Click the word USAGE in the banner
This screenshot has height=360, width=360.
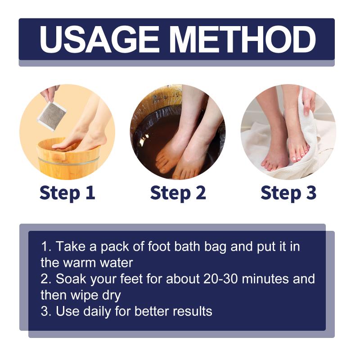pyautogui.click(x=99, y=40)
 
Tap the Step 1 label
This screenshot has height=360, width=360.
pyautogui.click(x=67, y=193)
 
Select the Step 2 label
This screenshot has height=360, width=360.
pyautogui.click(x=178, y=193)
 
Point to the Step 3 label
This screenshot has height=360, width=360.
pyautogui.click(x=288, y=193)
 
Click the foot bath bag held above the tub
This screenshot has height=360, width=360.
pyautogui.click(x=52, y=116)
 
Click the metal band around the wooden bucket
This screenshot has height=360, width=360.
pyautogui.click(x=68, y=161)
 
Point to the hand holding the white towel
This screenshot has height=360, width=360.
pyautogui.click(x=309, y=101)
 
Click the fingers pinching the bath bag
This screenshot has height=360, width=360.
pyautogui.click(x=49, y=94)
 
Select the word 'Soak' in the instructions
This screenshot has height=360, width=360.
pyautogui.click(x=71, y=279)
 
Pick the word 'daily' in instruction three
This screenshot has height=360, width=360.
pyautogui.click(x=97, y=311)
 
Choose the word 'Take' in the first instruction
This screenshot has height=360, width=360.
pyautogui.click(x=71, y=246)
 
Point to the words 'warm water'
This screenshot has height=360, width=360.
pyautogui.click(x=98, y=263)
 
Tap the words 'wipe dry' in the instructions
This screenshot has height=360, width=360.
pyautogui.click(x=95, y=296)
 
